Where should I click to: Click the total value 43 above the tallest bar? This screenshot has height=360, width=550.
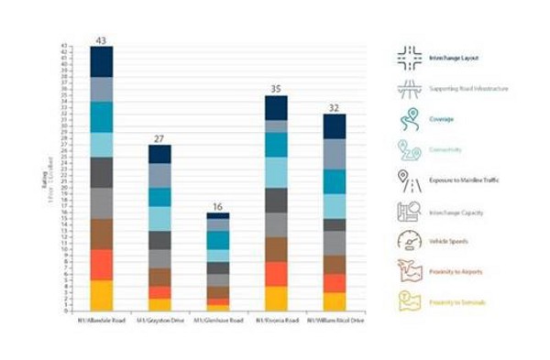pos(101,40)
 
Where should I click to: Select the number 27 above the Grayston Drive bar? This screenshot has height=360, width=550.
pos(159,138)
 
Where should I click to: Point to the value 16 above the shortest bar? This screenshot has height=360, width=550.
pos(218,207)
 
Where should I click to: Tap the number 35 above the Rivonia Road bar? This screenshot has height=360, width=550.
pos(276,90)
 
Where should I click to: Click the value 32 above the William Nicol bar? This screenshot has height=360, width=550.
pos(334,108)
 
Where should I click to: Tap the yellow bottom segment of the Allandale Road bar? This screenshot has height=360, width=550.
pos(101,295)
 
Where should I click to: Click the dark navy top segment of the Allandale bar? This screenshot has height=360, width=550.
pos(101,61)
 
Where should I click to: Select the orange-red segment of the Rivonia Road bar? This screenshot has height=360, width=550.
pos(276,274)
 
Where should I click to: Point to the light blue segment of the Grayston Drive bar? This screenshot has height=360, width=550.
pos(159,218)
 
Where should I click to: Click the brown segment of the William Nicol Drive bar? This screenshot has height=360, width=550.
pos(334,265)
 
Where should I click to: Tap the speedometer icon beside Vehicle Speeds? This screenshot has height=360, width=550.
pos(408,241)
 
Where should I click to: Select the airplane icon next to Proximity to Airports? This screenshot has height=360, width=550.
pos(408,271)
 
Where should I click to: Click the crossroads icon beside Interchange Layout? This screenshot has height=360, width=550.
pos(408,58)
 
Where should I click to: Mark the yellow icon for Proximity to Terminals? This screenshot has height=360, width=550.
pos(408,301)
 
